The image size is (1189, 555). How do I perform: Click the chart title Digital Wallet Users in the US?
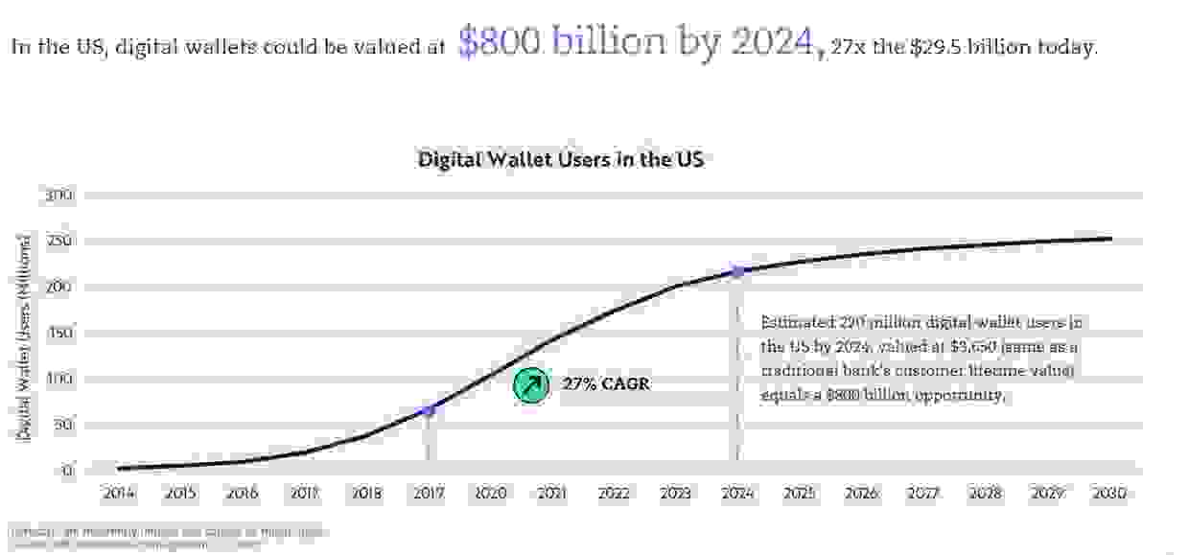(x=561, y=159)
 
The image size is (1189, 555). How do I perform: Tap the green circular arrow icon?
(x=529, y=384)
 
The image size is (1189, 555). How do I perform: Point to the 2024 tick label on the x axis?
(x=736, y=495)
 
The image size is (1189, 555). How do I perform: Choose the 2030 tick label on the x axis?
(x=1108, y=495)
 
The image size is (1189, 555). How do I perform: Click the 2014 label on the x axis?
(x=118, y=495)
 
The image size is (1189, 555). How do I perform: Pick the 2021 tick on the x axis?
(x=551, y=495)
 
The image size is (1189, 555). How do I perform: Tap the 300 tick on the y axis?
(x=59, y=196)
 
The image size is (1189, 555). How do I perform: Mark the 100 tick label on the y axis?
(x=59, y=380)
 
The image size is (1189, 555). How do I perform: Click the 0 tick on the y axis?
(x=68, y=472)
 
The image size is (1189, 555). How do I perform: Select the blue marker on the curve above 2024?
(x=737, y=272)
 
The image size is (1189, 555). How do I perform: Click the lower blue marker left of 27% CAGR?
(x=428, y=410)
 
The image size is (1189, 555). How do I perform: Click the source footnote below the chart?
(x=169, y=537)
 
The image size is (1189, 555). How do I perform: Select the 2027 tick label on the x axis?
(x=922, y=495)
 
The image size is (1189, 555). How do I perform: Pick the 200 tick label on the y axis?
(x=59, y=288)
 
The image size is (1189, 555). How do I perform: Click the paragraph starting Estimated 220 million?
(x=921, y=358)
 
